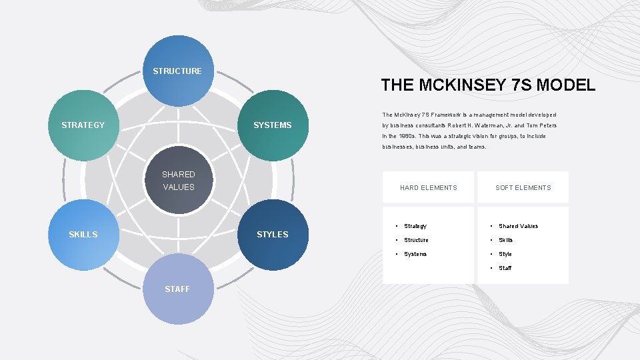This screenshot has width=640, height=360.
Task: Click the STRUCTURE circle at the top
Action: (x=178, y=71)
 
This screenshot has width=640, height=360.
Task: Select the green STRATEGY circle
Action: (x=83, y=125)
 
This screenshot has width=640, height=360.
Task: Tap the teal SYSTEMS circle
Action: (x=273, y=125)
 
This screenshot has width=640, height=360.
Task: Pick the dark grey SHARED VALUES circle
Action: (x=179, y=181)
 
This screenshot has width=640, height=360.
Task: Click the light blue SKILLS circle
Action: (x=83, y=235)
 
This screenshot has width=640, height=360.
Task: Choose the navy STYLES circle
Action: (x=273, y=235)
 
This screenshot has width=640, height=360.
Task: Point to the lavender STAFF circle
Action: (x=178, y=289)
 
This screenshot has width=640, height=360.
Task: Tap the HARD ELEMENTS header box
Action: (x=429, y=187)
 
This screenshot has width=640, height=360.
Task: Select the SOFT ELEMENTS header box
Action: (x=523, y=187)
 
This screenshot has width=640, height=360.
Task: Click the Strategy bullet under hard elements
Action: (x=415, y=226)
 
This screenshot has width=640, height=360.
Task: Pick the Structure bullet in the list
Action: (x=417, y=240)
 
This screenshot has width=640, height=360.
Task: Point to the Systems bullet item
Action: (x=415, y=254)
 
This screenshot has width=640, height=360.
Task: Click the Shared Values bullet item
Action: (x=518, y=226)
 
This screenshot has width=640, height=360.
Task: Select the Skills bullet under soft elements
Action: (x=506, y=240)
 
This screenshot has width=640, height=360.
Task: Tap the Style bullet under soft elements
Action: (x=505, y=254)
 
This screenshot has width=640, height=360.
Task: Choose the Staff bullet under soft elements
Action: (x=505, y=268)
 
